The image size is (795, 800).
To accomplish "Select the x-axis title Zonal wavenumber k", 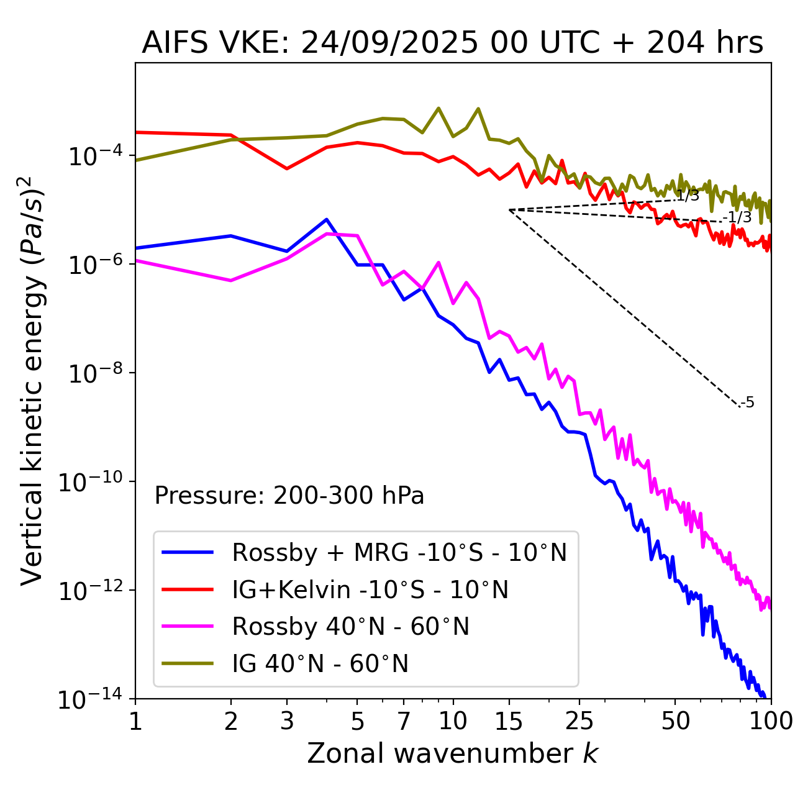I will click(x=452, y=753).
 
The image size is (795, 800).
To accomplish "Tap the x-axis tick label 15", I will click(x=509, y=720).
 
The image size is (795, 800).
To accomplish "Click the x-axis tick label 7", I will click(x=404, y=720).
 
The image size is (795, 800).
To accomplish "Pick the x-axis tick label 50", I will click(x=675, y=720).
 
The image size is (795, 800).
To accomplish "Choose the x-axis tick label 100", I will click(x=770, y=720).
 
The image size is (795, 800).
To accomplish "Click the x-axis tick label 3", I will click(x=287, y=720).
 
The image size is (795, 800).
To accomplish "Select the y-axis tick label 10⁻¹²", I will click(x=88, y=591).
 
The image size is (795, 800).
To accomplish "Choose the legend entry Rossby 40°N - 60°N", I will click(x=350, y=627).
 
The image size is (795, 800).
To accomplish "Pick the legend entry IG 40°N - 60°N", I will click(x=320, y=664).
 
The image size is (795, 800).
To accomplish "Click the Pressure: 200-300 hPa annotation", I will click(x=289, y=496).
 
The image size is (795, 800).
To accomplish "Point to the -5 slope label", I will click(x=748, y=402).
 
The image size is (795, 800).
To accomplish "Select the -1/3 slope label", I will click(x=738, y=217).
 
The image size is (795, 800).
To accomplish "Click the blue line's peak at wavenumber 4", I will click(x=327, y=219).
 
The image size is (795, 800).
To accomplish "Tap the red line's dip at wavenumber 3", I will click(x=287, y=168).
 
